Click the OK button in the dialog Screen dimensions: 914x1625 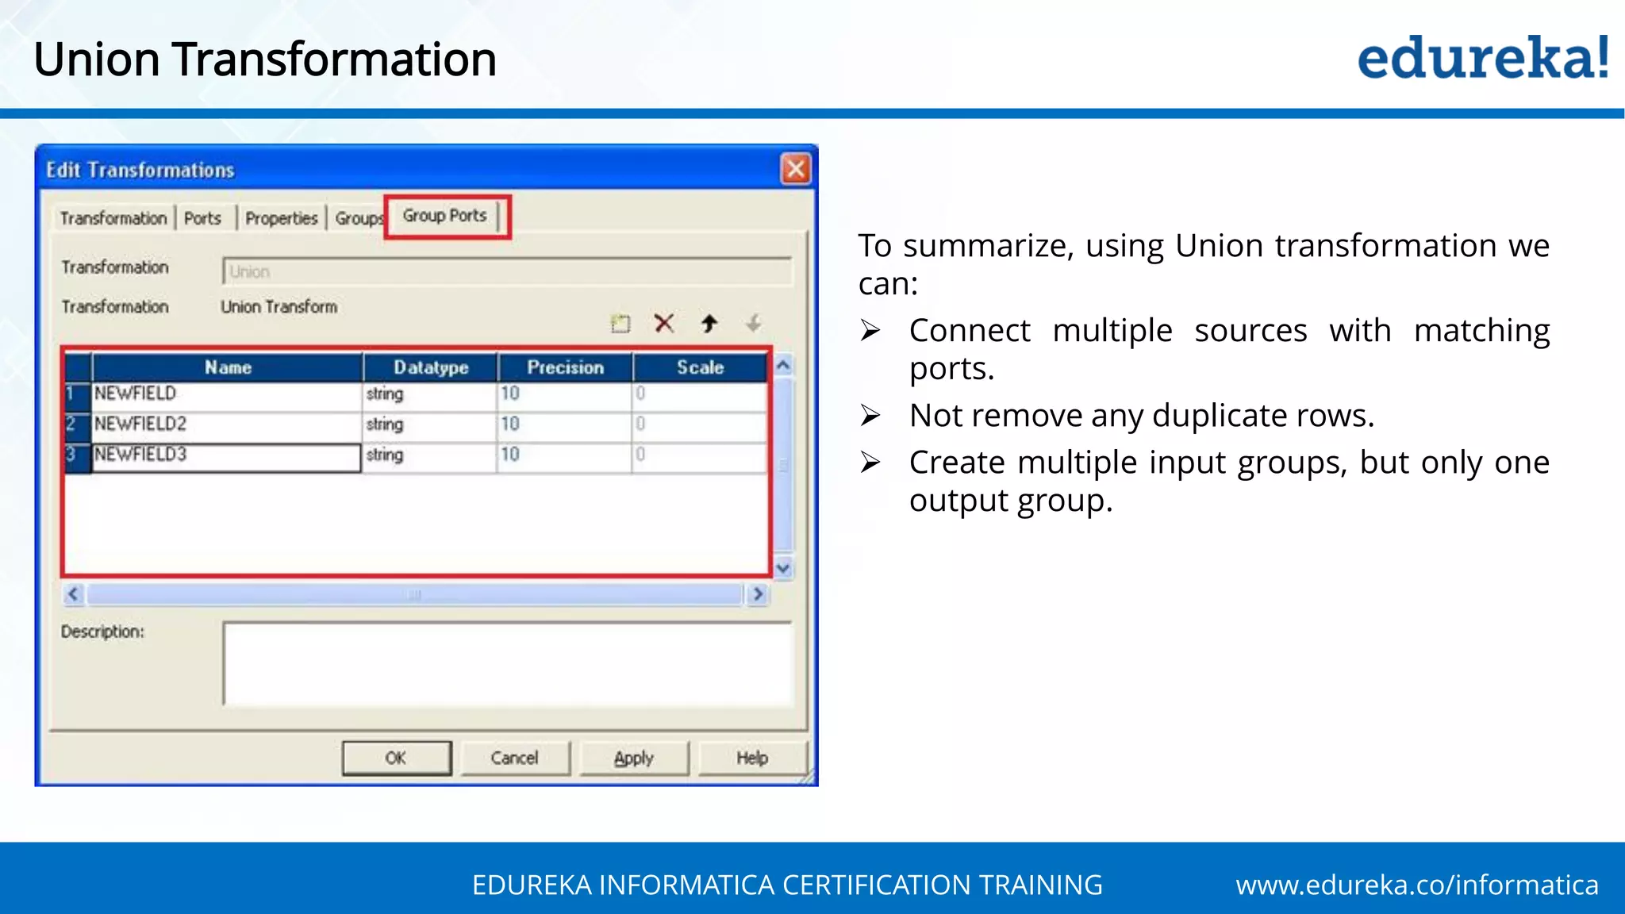click(396, 758)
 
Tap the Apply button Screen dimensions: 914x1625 click(633, 758)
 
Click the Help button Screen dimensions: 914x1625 click(751, 758)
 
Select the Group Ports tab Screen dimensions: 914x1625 click(444, 216)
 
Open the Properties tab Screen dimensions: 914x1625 click(281, 218)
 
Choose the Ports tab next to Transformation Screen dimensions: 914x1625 click(202, 218)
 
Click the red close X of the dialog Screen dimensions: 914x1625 click(796, 169)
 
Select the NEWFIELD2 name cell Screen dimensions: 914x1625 click(226, 424)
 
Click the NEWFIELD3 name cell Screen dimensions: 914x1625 click(226, 455)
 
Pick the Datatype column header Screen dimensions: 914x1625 click(431, 367)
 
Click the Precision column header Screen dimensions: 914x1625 click(565, 367)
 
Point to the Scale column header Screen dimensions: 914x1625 click(700, 367)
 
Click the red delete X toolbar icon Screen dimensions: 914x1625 click(664, 323)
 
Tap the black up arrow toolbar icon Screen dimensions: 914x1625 click(709, 323)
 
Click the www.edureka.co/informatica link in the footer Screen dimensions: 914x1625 click(1416, 885)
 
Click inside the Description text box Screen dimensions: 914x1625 click(508, 664)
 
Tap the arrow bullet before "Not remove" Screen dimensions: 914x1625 click(870, 416)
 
